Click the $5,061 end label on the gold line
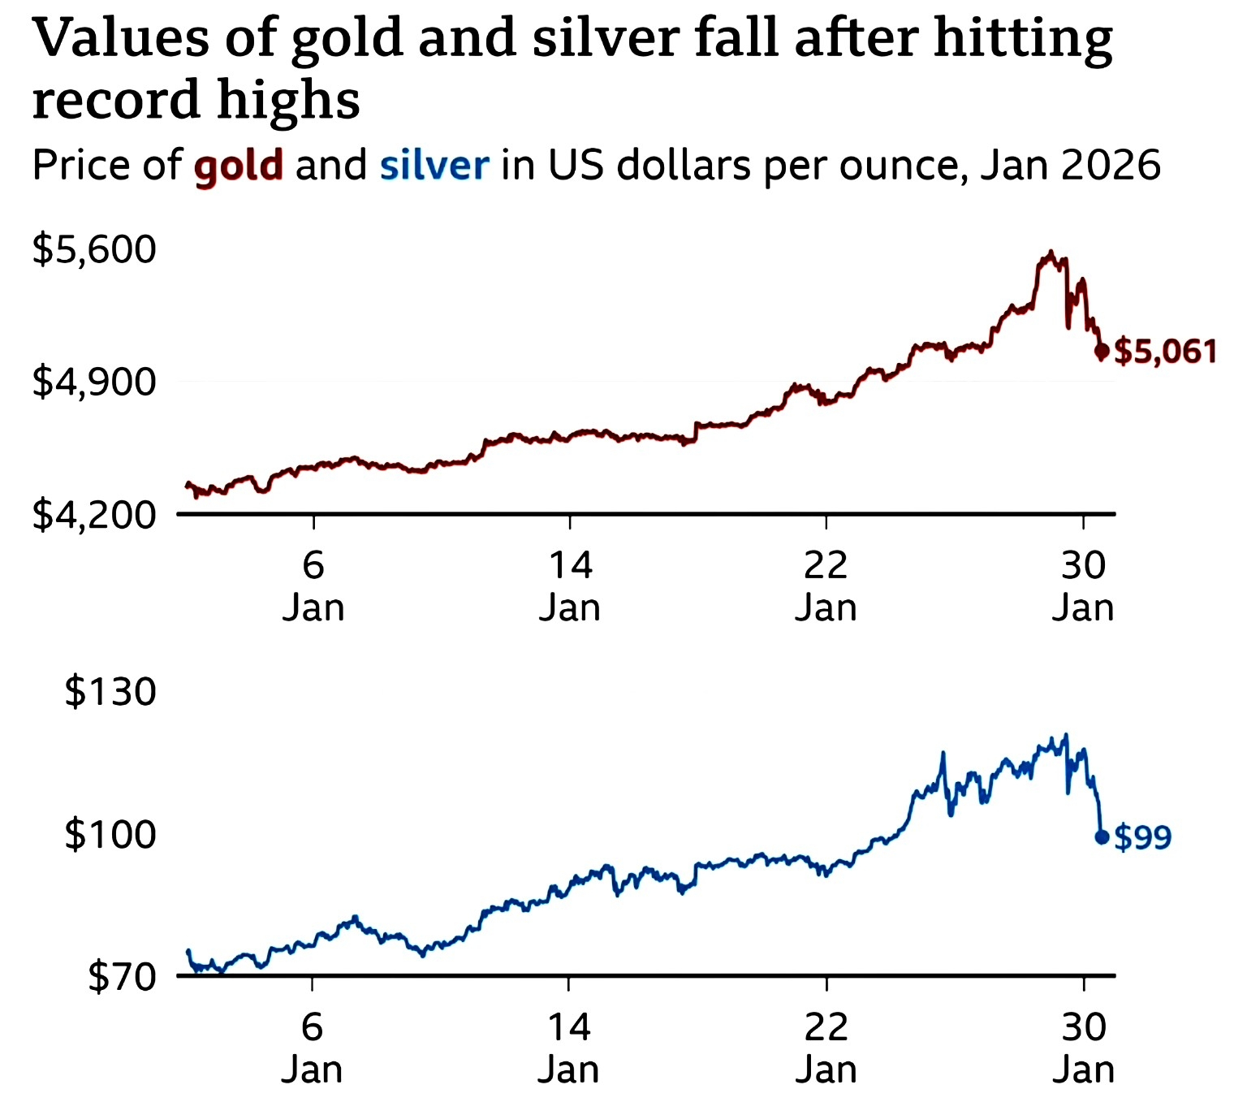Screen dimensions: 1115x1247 [x=1166, y=352]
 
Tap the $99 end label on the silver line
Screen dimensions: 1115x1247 [x=1143, y=836]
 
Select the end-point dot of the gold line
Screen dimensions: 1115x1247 [x=1102, y=351]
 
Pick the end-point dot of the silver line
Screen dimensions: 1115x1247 [x=1102, y=836]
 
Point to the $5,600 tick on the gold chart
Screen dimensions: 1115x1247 [x=93, y=248]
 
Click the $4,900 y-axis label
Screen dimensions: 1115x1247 [x=93, y=382]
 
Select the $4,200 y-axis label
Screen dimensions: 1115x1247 [x=93, y=515]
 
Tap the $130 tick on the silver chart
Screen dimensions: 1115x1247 [x=110, y=692]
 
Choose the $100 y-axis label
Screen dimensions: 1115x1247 [x=110, y=834]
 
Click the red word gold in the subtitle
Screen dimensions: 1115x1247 [x=239, y=166]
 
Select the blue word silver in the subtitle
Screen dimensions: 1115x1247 [x=434, y=166]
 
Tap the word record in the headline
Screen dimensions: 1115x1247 [x=115, y=101]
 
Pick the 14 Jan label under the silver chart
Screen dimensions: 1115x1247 [x=569, y=1048]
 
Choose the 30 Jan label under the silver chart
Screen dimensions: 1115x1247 [x=1084, y=1048]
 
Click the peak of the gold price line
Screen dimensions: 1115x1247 [x=1051, y=253]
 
